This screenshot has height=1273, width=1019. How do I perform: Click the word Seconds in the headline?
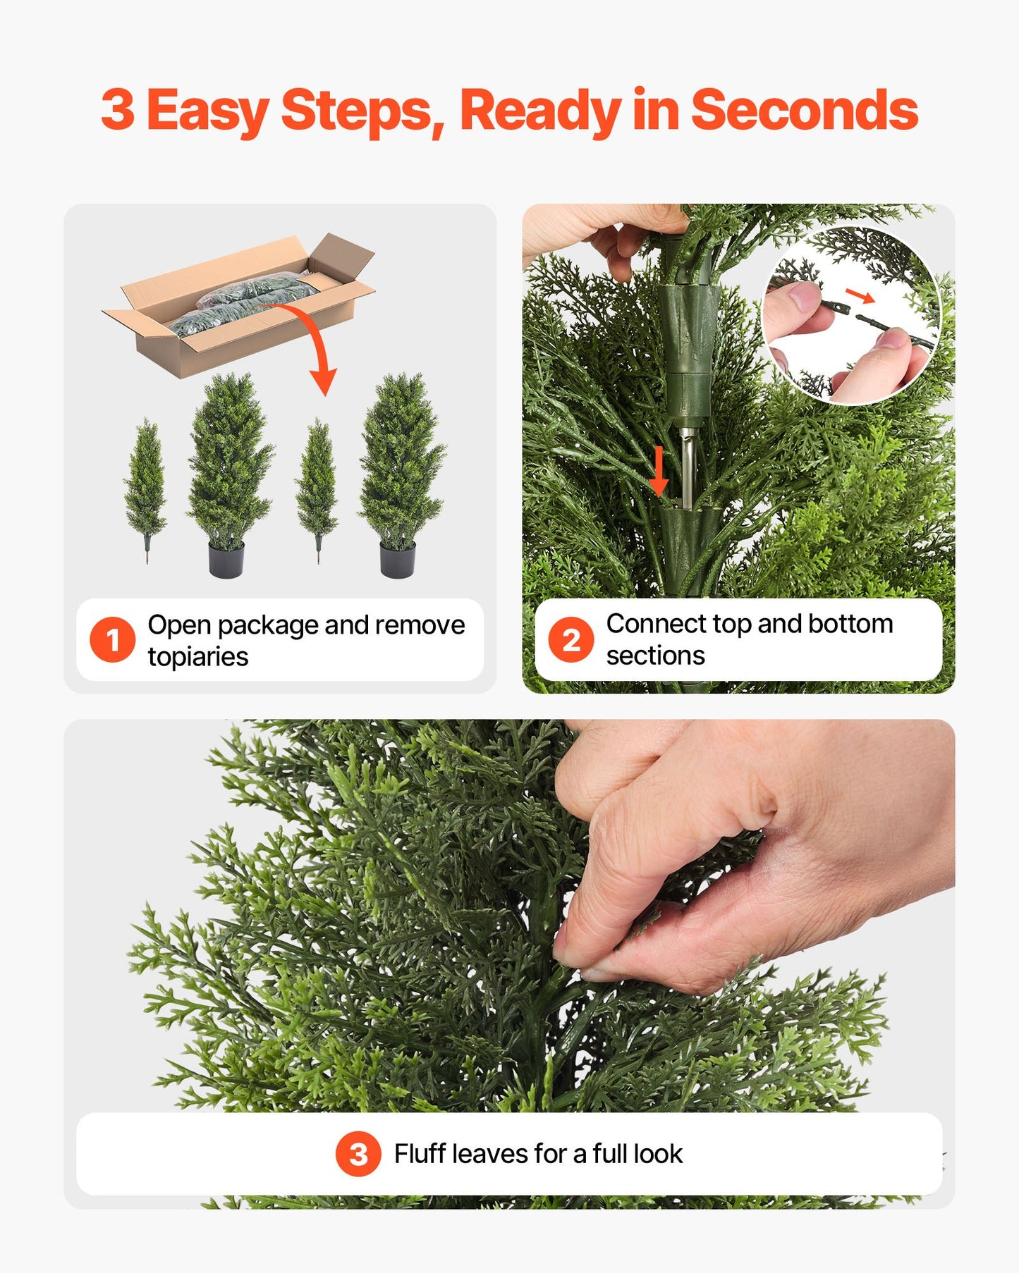tap(804, 110)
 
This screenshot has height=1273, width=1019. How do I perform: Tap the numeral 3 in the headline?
tap(117, 110)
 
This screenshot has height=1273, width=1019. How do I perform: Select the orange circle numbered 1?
tap(112, 640)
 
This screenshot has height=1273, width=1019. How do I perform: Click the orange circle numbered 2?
tap(570, 640)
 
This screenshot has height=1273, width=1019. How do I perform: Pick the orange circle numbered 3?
tap(358, 1155)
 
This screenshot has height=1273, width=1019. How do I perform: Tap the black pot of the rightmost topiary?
tap(397, 560)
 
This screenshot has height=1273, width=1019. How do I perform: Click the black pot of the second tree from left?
tap(226, 560)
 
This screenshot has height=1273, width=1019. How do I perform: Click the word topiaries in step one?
tap(197, 657)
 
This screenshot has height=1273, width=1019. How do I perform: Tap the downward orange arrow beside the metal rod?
tap(658, 471)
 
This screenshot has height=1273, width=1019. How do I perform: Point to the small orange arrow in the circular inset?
tap(860, 295)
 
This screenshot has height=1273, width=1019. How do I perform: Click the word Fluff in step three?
tap(420, 1155)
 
